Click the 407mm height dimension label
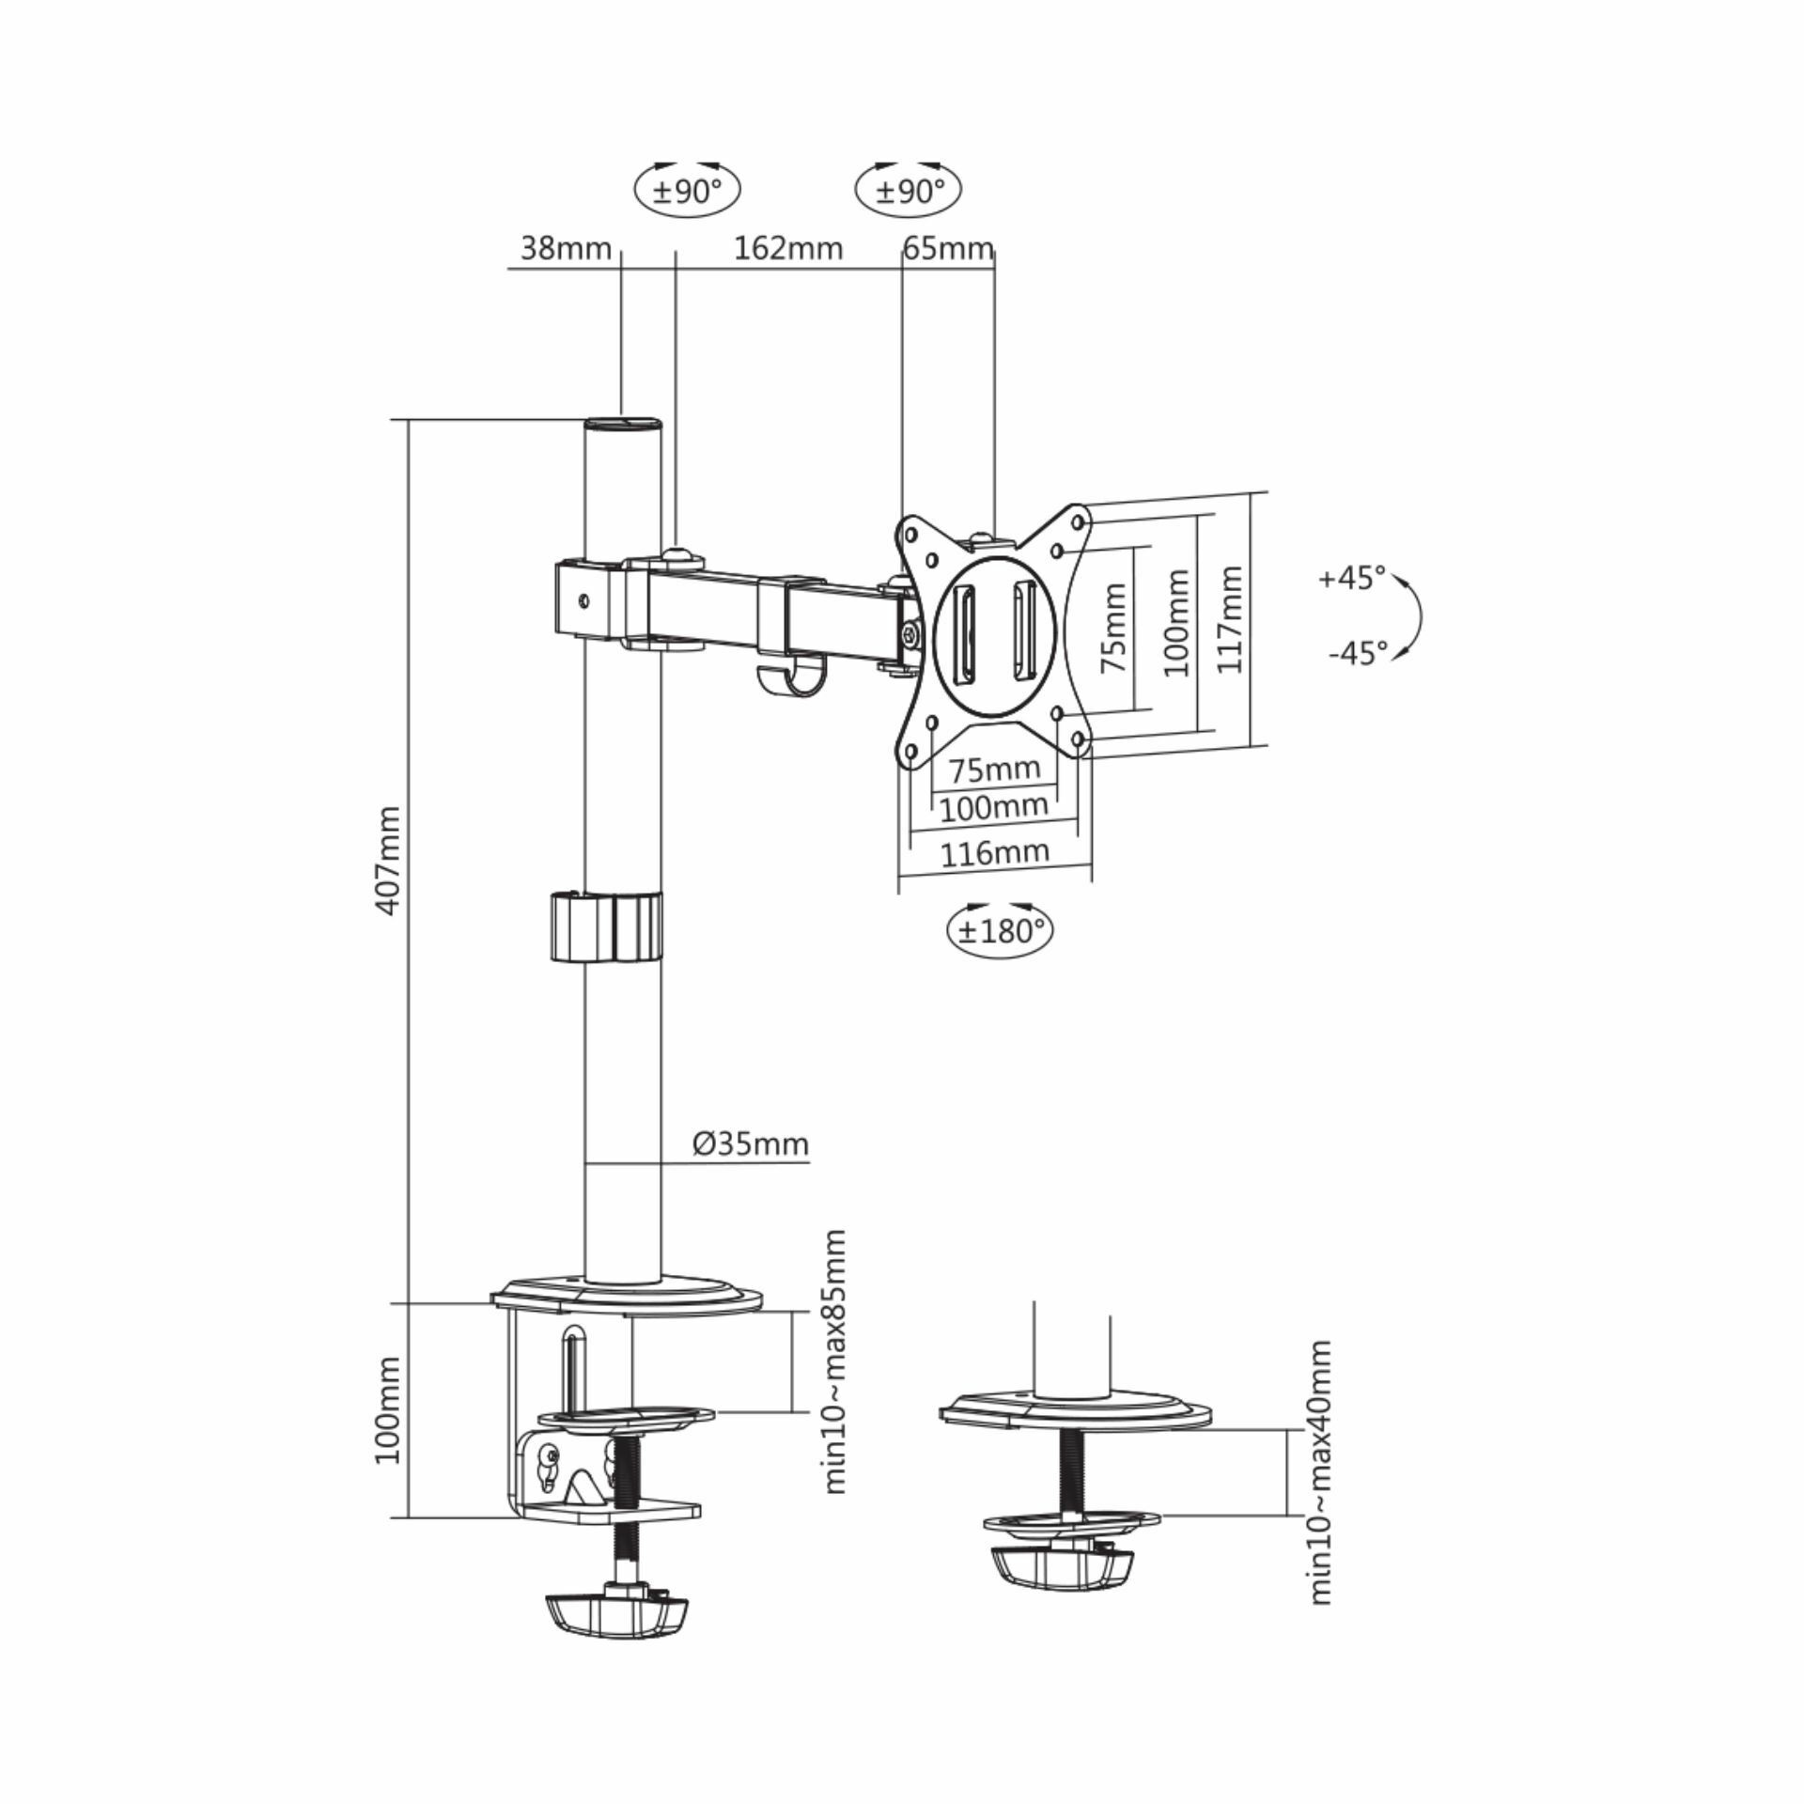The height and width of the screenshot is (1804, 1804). point(387,860)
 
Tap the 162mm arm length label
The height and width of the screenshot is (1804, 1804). point(787,249)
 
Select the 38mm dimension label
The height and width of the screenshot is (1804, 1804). point(566,249)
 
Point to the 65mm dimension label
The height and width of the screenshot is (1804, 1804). point(948,249)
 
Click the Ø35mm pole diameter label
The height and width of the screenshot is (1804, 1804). point(751,1143)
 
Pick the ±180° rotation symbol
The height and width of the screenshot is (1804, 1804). point(999,931)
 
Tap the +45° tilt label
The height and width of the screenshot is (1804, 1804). point(1352,578)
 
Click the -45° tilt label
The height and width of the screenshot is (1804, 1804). point(1358,653)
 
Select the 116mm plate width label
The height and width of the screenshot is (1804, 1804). point(995,853)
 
